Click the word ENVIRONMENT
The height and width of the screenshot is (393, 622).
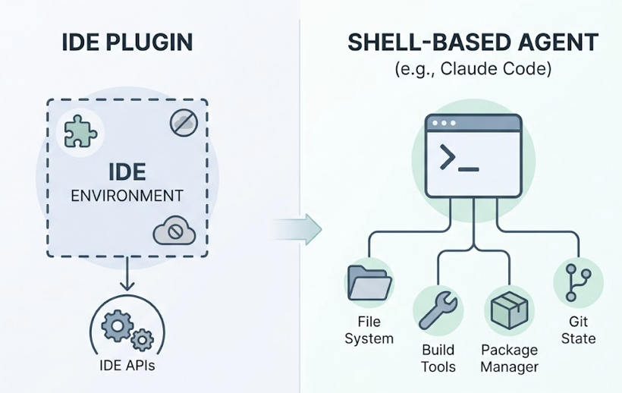point(127,196)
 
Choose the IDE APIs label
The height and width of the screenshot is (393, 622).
point(127,366)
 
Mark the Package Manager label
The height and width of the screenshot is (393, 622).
point(510,359)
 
